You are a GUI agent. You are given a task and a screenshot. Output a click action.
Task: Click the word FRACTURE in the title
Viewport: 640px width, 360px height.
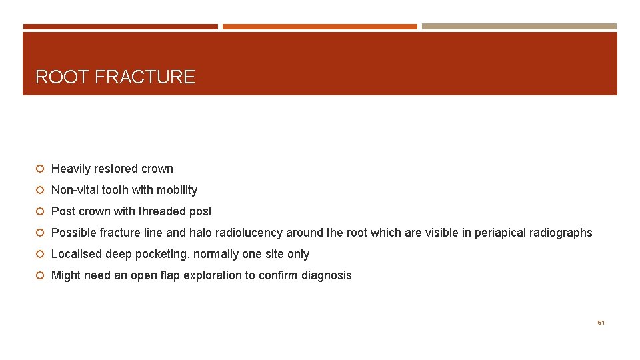point(145,77)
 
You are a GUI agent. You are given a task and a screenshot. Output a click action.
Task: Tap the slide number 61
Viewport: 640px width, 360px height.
point(601,322)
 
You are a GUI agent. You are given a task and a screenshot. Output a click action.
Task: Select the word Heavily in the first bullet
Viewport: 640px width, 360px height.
point(69,169)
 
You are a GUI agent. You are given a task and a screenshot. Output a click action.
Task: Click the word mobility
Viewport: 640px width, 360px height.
point(177,190)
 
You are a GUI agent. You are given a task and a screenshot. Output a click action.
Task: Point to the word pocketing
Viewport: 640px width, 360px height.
point(161,254)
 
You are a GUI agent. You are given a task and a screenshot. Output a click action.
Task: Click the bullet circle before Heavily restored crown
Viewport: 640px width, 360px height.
point(41,169)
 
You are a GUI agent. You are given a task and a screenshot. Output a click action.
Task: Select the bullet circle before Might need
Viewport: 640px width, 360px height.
point(41,276)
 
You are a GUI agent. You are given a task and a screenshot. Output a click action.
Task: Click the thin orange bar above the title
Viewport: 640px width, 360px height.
point(319,27)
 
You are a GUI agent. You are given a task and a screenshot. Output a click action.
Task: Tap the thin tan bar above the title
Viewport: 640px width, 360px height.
point(519,27)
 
